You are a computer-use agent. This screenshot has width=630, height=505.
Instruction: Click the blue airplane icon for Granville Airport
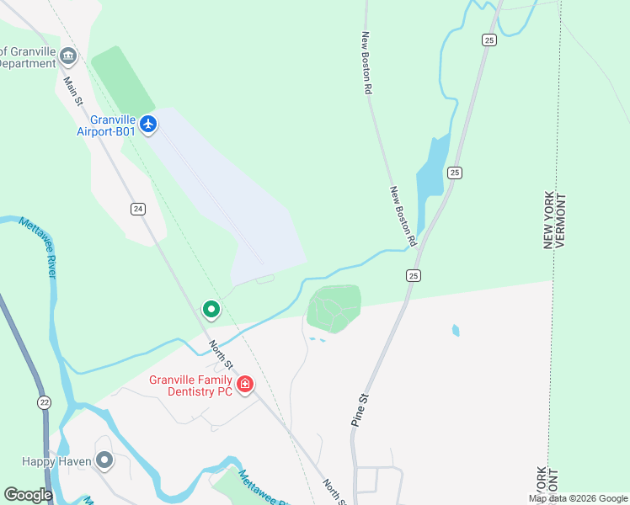tap(149, 125)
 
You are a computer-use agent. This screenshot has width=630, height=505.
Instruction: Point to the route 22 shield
tap(44, 403)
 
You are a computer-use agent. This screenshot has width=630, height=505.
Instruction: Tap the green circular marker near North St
tap(211, 311)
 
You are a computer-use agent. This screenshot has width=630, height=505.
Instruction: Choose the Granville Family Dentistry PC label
tap(191, 385)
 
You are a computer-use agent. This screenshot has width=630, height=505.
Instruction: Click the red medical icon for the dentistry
tap(245, 385)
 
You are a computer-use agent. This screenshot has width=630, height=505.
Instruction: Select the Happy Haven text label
tap(57, 461)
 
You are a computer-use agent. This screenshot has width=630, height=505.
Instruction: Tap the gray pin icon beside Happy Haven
tap(104, 460)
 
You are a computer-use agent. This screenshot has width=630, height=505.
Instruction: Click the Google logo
tap(28, 495)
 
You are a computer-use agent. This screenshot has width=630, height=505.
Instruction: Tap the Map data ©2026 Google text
tap(578, 498)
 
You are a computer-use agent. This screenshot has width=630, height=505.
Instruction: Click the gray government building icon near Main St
tap(68, 56)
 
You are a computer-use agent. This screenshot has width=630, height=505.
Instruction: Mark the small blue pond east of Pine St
tap(456, 330)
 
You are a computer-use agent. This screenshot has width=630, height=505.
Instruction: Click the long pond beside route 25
tap(431, 173)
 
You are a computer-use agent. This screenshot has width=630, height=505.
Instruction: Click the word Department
tap(27, 64)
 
